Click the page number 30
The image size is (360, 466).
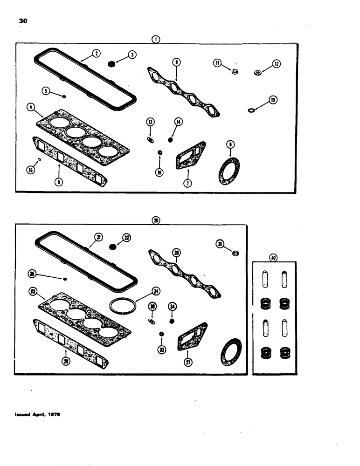[22, 21]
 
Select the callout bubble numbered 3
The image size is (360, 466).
[132, 55]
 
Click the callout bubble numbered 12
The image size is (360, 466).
[277, 64]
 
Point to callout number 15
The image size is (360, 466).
[273, 99]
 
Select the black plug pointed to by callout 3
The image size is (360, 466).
[112, 63]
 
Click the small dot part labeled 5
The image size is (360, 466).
[64, 96]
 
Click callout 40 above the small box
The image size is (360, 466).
[274, 257]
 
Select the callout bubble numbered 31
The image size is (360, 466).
[220, 243]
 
